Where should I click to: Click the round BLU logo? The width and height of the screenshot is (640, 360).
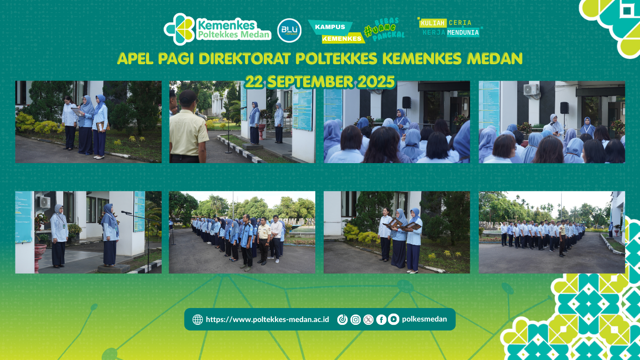[x=289, y=30]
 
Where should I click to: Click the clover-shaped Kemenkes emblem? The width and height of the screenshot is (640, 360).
[x=179, y=29]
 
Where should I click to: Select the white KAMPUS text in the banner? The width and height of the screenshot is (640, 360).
[x=330, y=27]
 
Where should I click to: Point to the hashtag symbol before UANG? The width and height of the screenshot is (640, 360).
[x=368, y=31]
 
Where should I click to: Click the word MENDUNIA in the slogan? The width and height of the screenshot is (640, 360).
[x=463, y=33]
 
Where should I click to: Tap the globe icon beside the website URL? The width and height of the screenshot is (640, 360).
[x=198, y=320]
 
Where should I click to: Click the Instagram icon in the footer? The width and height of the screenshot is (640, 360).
[x=356, y=320]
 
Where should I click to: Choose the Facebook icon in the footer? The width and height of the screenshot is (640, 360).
[x=381, y=320]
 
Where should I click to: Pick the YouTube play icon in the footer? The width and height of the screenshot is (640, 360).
[x=394, y=319]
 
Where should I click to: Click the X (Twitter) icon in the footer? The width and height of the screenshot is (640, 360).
[x=369, y=320]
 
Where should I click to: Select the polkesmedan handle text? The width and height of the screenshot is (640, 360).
[x=424, y=319]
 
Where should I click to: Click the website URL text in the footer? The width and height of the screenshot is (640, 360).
[x=267, y=320]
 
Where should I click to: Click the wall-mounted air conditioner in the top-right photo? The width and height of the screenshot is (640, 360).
[x=531, y=90]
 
